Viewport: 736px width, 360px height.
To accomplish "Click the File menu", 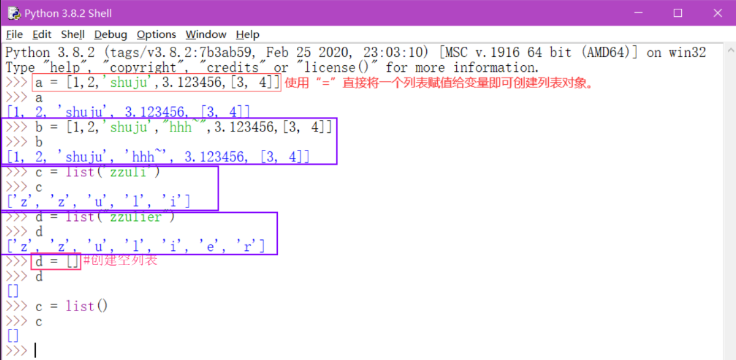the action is tap(14, 35).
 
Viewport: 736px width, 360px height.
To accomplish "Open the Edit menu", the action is tap(42, 35).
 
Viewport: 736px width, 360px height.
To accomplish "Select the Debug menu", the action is tap(110, 35).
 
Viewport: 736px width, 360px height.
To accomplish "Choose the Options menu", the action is tap(157, 35).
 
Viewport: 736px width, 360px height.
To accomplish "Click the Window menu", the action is tap(206, 35).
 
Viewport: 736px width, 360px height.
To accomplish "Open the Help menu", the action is tap(248, 35).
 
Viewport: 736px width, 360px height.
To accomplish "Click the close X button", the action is tap(718, 13).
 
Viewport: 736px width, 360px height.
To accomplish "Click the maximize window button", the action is tap(678, 13).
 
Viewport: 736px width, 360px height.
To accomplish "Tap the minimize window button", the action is tap(637, 13).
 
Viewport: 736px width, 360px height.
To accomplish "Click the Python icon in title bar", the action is tap(13, 14).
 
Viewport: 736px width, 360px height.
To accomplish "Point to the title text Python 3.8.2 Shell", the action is tap(68, 14).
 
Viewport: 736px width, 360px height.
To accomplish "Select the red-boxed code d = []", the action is tap(56, 261).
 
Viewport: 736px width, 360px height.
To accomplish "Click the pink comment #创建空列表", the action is tap(120, 260).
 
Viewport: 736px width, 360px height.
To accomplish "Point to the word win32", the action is tap(686, 53).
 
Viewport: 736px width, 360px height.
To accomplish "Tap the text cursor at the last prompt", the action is tap(35, 351).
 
